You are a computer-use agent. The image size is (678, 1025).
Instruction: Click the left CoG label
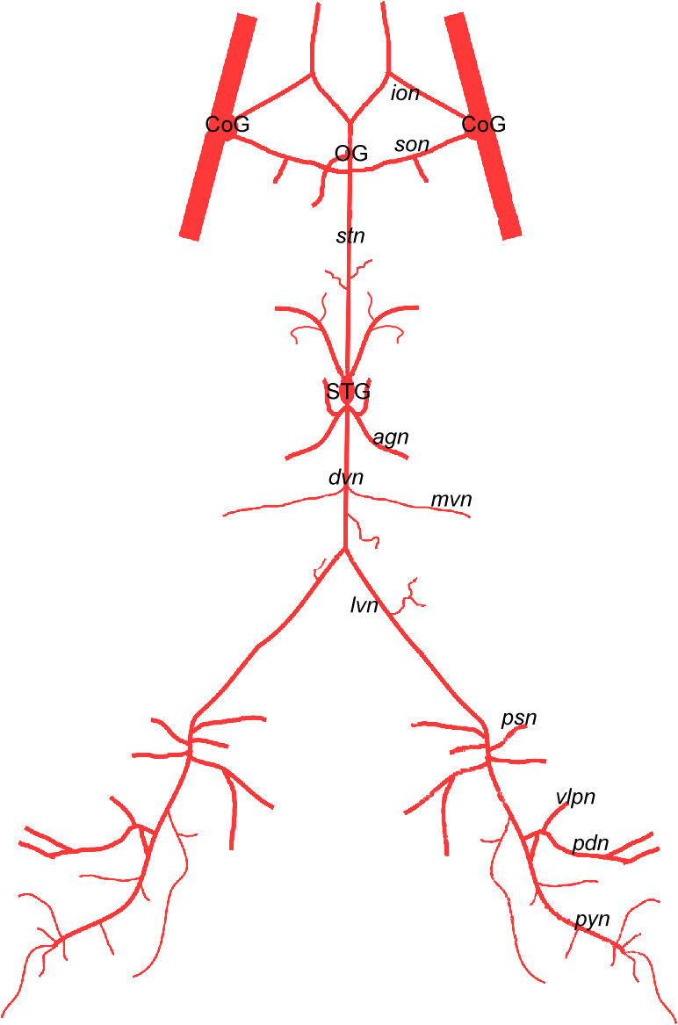tap(227, 125)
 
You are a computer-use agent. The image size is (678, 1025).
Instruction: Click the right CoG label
tap(484, 125)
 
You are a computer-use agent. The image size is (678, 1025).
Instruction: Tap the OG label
tap(351, 154)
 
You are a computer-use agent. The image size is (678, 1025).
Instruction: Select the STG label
tap(348, 392)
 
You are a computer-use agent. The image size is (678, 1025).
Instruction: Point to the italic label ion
tap(405, 93)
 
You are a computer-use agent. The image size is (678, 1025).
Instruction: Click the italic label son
tap(411, 143)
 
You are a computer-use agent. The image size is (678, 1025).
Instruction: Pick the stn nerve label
tap(350, 235)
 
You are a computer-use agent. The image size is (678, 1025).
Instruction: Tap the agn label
tap(391, 437)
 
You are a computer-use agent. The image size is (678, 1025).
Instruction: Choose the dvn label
tap(345, 478)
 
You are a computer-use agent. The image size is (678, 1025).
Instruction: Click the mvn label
tap(451, 500)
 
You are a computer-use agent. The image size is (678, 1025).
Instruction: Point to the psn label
tap(518, 718)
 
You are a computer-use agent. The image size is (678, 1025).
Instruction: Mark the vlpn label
tap(575, 798)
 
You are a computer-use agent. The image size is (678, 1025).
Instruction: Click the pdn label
tap(590, 844)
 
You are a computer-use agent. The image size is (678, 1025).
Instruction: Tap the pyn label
tap(592, 920)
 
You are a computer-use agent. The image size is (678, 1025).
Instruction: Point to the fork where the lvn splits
tap(346, 549)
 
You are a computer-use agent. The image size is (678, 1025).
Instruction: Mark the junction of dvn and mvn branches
tap(345, 494)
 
